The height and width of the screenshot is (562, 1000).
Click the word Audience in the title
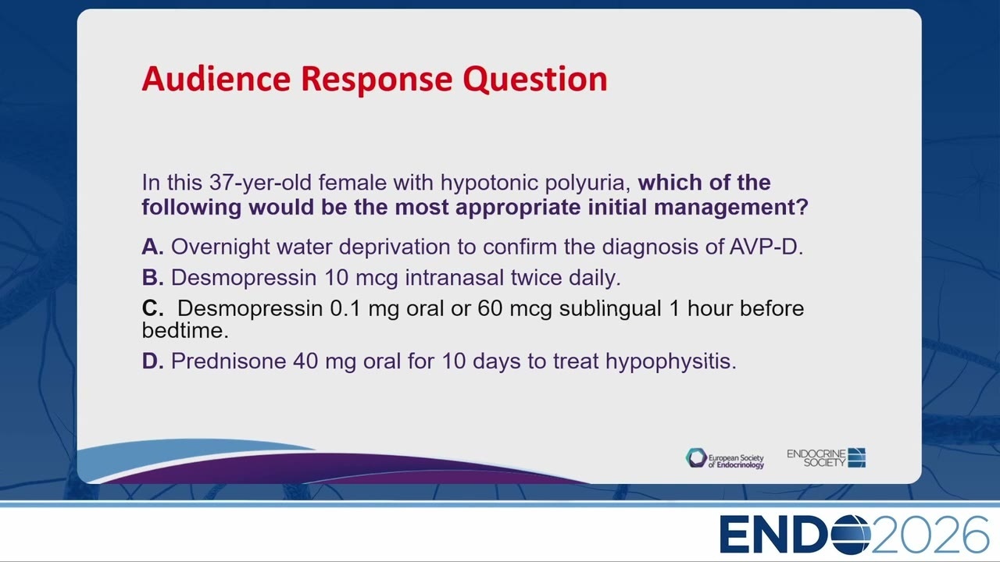click(216, 79)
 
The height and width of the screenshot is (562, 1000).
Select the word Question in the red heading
click(535, 80)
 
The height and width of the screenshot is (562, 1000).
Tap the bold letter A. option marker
click(152, 247)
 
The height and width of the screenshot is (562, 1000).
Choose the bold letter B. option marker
click(152, 277)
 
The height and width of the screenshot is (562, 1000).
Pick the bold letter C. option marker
click(152, 308)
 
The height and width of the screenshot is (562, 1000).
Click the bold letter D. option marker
click(152, 361)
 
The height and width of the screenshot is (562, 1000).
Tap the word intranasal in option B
click(455, 277)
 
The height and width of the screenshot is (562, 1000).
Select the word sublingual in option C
click(610, 309)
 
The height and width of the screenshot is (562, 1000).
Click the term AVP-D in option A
click(766, 247)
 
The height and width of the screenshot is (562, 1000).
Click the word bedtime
click(185, 330)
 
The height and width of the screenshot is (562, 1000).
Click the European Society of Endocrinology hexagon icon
click(696, 458)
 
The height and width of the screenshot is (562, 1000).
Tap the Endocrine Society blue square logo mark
click(857, 457)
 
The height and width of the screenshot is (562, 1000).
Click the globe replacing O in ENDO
click(851, 535)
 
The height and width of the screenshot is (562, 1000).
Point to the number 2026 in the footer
click(930, 535)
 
